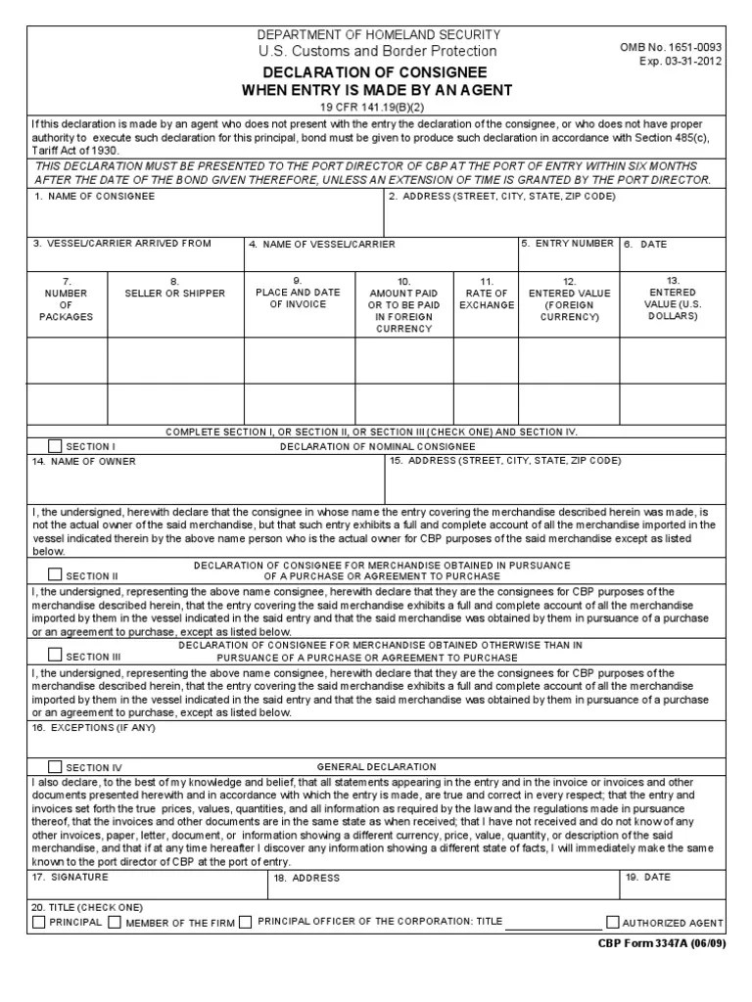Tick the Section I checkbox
(54, 446)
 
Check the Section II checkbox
(54, 575)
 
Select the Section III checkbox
(54, 656)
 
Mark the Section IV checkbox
(54, 767)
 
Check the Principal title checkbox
(38, 922)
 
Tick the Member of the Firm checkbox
(115, 922)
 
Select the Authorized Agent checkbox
(613, 922)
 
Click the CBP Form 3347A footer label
(662, 944)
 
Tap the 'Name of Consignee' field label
(94, 197)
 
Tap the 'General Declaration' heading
(377, 767)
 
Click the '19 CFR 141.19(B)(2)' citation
(377, 106)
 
